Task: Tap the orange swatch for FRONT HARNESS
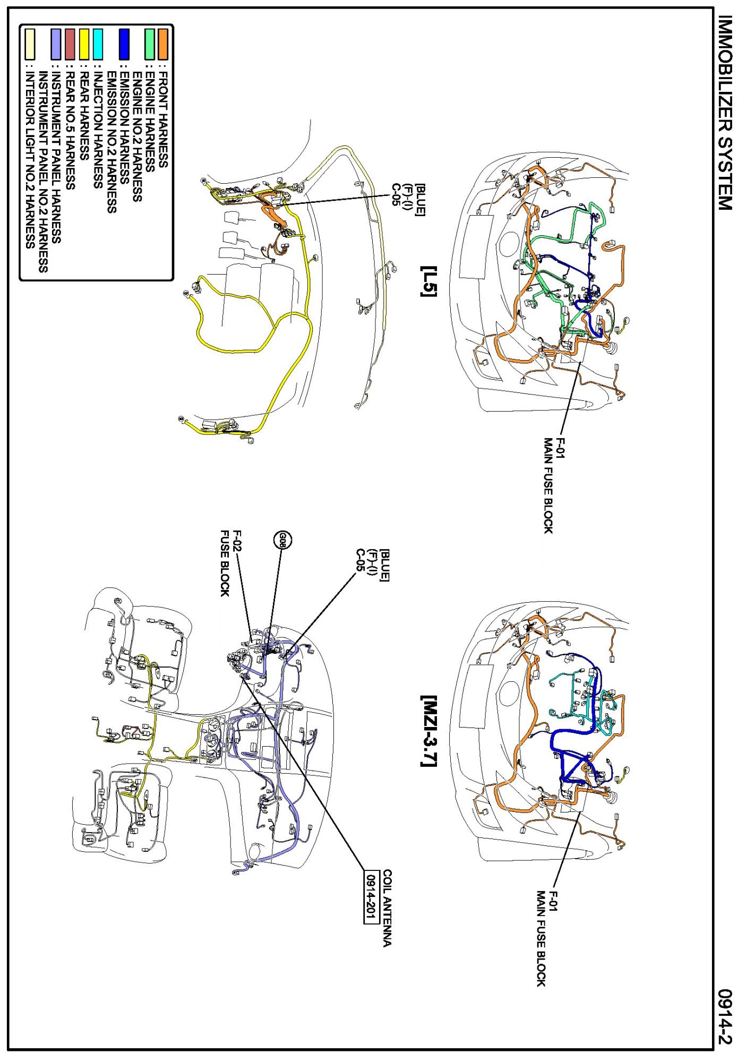point(163,44)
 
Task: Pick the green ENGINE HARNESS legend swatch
point(150,44)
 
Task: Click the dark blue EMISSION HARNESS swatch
point(124,44)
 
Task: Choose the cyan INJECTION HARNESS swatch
point(98,44)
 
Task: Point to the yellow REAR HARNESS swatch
point(84,44)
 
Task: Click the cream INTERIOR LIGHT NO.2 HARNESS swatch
point(30,44)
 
